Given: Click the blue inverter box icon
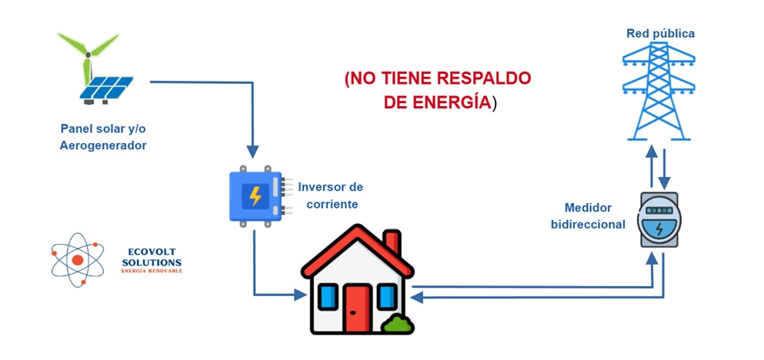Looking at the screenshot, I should click(256, 197).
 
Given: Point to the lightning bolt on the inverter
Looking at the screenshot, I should click(255, 197).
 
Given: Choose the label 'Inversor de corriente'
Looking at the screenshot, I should click(330, 195).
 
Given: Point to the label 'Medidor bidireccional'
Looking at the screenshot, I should click(588, 215).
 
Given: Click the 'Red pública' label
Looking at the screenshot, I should click(660, 34).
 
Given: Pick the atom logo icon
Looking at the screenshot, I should click(78, 260).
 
